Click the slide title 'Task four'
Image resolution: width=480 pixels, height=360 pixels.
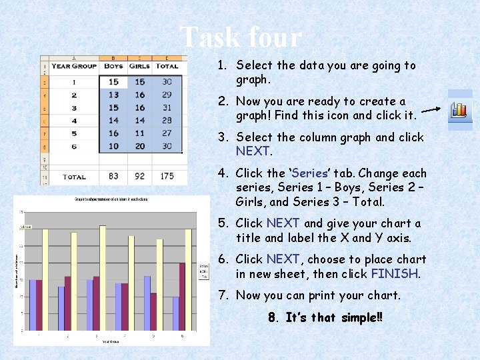coord(241,38)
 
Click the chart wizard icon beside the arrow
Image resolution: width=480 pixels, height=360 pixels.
coord(459,109)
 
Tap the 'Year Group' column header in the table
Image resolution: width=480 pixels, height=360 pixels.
coord(74,66)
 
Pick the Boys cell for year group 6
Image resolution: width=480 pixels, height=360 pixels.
coord(114,146)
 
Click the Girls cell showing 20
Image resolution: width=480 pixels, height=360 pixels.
coord(139,146)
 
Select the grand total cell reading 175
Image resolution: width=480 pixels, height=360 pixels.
coord(167,177)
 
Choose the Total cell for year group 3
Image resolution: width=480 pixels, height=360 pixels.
coord(167,107)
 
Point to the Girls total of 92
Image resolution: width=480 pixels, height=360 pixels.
coord(139,177)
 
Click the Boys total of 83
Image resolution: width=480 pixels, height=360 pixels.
coord(114,177)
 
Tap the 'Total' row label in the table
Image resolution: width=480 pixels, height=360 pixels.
coord(74,177)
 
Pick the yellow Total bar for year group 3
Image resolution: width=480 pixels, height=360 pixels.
coord(103,278)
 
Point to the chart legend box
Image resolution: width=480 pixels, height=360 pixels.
coord(203,272)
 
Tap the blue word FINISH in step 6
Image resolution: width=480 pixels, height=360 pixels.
coord(395,274)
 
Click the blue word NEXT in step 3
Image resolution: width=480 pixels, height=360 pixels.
coord(252,151)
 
